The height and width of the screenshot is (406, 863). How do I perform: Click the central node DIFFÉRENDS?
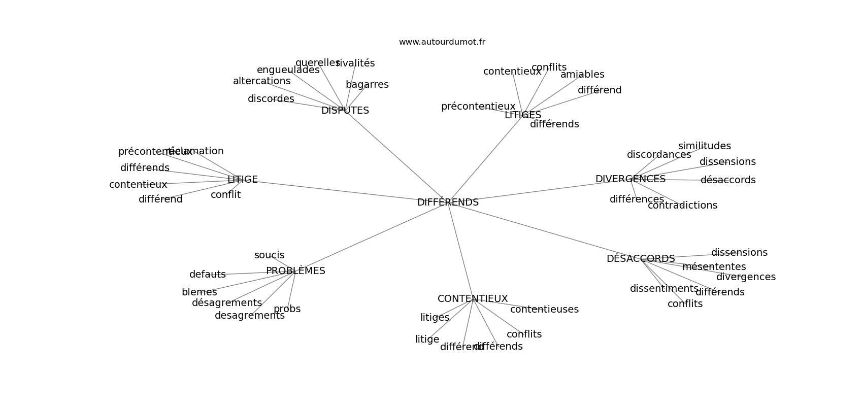448,202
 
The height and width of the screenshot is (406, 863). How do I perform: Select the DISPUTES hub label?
345,111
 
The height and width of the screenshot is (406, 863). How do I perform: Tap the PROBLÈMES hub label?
295,271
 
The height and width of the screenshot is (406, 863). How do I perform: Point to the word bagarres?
367,85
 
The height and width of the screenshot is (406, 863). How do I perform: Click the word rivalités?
356,63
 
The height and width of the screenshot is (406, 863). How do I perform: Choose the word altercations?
262,81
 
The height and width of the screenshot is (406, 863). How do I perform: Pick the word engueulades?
287,70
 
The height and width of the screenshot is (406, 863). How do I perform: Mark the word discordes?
271,99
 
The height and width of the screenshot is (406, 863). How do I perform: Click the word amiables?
582,75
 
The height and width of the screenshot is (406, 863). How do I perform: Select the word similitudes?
705,146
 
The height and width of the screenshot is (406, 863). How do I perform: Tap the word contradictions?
683,206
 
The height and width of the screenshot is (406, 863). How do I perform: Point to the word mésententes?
714,267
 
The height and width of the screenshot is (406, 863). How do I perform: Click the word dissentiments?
664,289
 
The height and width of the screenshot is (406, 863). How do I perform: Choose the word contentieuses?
544,310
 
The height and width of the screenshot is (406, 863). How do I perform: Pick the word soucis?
270,255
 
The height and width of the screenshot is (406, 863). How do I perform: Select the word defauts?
208,275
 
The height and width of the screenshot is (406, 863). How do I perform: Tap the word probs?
287,309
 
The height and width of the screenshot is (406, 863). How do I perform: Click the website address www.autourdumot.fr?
442,42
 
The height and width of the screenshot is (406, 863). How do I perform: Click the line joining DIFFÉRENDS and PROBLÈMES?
371,237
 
